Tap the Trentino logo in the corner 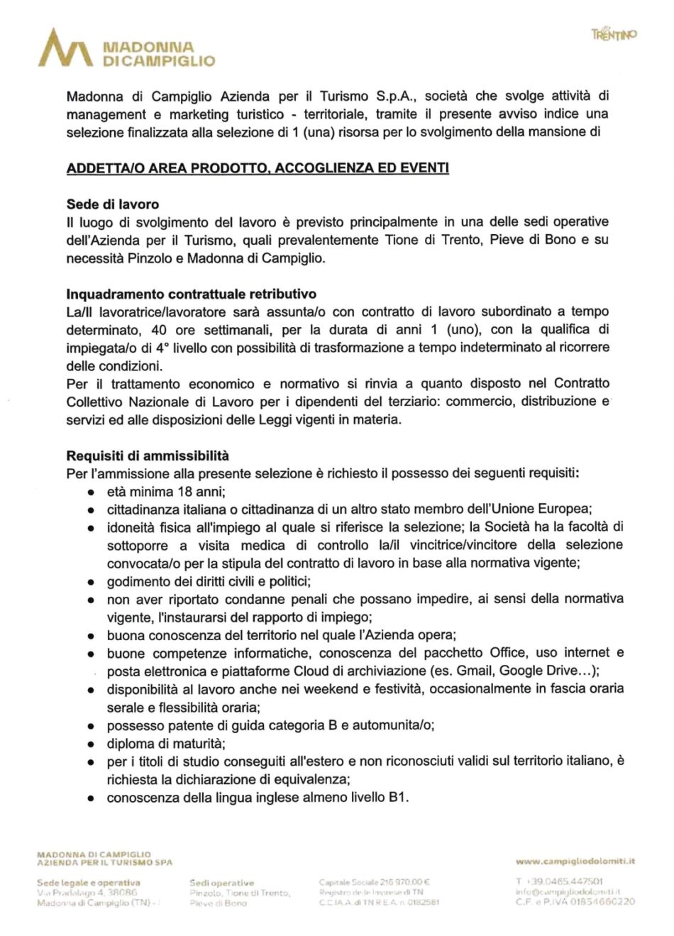point(614,33)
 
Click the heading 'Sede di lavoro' point(112,204)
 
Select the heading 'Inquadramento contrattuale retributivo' point(192,294)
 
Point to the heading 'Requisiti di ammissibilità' point(148,456)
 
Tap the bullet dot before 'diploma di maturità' point(91,744)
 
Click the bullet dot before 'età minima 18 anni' point(91,492)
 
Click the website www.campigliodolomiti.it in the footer point(575,861)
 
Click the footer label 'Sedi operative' point(221,883)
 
